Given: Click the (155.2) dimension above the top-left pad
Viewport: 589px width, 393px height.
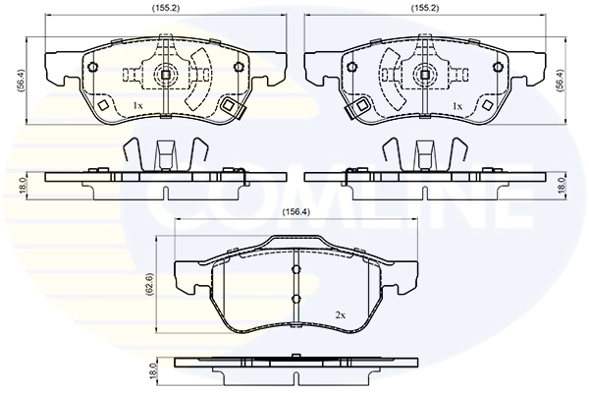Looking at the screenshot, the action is [166, 8].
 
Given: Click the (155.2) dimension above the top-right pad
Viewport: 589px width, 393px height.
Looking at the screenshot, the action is [425, 8].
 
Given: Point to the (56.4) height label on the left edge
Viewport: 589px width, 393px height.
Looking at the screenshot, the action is [21, 81].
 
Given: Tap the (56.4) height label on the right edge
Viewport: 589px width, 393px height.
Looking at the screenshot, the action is [560, 81].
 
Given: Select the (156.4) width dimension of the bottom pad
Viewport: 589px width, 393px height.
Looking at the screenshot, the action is [296, 212].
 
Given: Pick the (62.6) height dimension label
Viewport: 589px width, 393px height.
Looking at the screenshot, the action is [150, 285].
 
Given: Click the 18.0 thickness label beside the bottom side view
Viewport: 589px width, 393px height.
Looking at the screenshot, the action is [152, 371].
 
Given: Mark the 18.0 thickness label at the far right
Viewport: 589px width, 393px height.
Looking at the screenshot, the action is [562, 186].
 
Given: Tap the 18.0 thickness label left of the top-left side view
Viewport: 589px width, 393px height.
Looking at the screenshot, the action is [22, 186].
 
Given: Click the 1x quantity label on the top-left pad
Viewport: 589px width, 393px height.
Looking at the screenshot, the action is [137, 106].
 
